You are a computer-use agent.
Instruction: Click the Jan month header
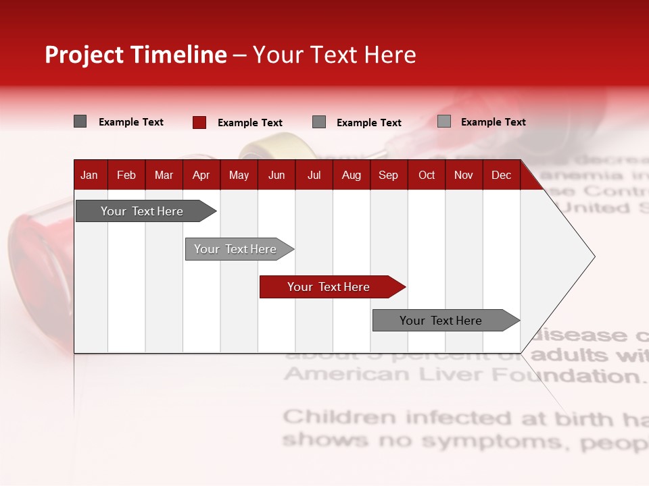tap(89, 175)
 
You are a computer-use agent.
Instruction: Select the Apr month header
tap(201, 175)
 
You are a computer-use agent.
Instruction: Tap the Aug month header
tap(351, 175)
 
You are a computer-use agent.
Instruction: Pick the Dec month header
tap(501, 175)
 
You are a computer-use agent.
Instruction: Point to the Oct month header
tap(427, 175)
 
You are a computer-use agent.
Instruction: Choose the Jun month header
tap(276, 175)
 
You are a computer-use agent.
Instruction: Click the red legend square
tap(199, 122)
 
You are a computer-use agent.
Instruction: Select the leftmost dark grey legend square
tap(80, 122)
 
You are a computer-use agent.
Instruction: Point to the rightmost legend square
tap(443, 122)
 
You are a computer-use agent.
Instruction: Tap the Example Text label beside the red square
tap(249, 123)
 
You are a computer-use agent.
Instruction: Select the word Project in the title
tap(85, 55)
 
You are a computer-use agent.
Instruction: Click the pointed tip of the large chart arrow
tap(593, 256)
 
